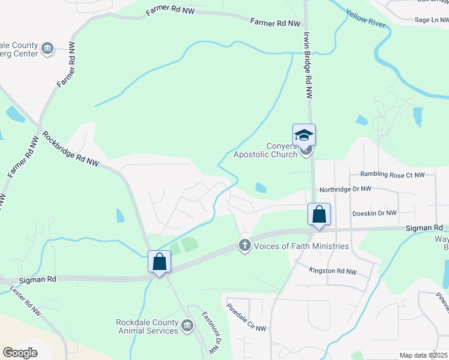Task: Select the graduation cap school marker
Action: tap(304, 135)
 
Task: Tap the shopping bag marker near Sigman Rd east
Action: tap(319, 214)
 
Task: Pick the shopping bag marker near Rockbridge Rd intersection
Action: tap(159, 262)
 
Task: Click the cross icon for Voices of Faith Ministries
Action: tap(244, 245)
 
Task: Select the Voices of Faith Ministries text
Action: tap(301, 246)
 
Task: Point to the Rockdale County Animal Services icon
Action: tap(187, 325)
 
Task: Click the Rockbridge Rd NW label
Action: tap(71, 150)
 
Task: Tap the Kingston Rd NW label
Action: tap(333, 272)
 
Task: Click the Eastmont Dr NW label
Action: tap(209, 333)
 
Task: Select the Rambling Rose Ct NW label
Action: tap(392, 175)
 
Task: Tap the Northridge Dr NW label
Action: tap(345, 188)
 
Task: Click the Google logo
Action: tap(20, 353)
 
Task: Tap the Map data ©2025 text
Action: tap(423, 355)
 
